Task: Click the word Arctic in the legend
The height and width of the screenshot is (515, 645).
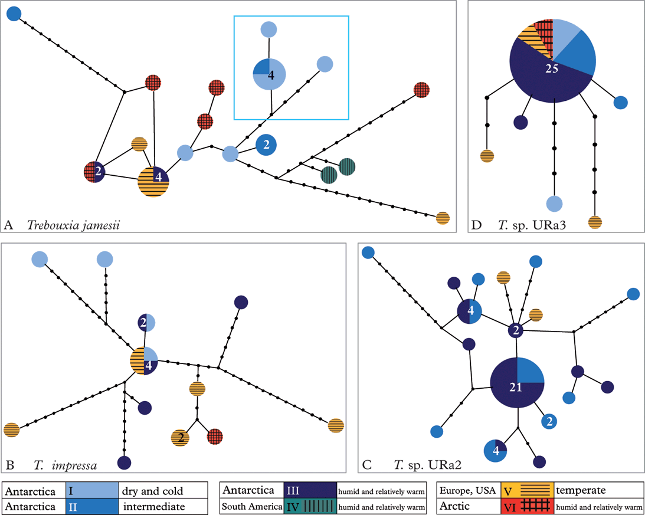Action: tap(454, 506)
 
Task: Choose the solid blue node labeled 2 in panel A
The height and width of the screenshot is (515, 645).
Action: tap(267, 145)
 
